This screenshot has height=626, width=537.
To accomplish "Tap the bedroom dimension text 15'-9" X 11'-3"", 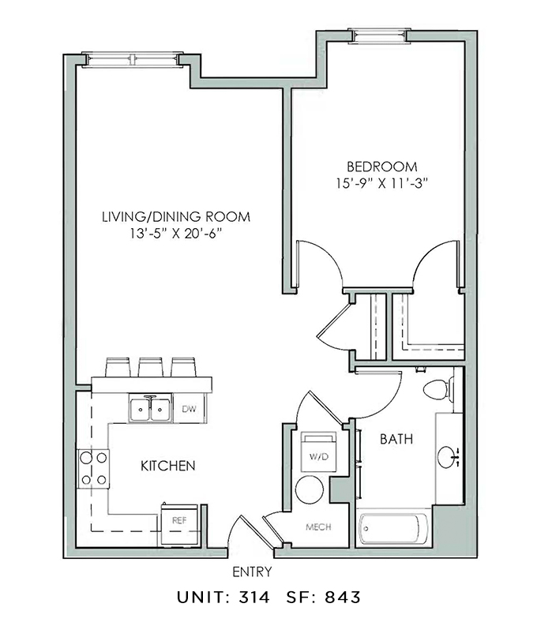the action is tap(381, 183).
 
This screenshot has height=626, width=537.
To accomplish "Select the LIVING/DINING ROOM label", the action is tap(176, 217).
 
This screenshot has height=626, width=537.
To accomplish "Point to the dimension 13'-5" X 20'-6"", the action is tap(175, 234).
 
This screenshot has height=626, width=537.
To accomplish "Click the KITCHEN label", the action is tap(167, 466).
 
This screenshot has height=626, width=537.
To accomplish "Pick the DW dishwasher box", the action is tap(190, 408).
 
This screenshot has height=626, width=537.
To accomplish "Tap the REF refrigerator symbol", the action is tap(179, 525).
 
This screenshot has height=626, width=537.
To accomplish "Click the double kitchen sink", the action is tap(150, 408).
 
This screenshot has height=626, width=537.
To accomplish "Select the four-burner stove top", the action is tap(93, 468).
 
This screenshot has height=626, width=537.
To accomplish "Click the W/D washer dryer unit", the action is tap(318, 451).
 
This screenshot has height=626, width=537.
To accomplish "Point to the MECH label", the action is tap(318, 527).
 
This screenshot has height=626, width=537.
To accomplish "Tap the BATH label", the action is tap(396, 439).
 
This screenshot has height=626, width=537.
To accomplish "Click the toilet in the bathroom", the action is tap(438, 389).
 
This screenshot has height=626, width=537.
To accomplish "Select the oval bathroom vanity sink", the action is tap(448, 457).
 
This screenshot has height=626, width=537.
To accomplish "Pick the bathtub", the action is tap(393, 528).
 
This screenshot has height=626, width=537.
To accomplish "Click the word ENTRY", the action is tap(252, 572).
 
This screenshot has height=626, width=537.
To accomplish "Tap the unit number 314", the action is tap(254, 598).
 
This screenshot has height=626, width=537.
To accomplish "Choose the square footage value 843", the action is tap(343, 598).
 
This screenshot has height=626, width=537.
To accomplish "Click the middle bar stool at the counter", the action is tap(151, 367).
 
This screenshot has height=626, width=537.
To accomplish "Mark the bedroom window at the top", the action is tap(379, 36).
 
